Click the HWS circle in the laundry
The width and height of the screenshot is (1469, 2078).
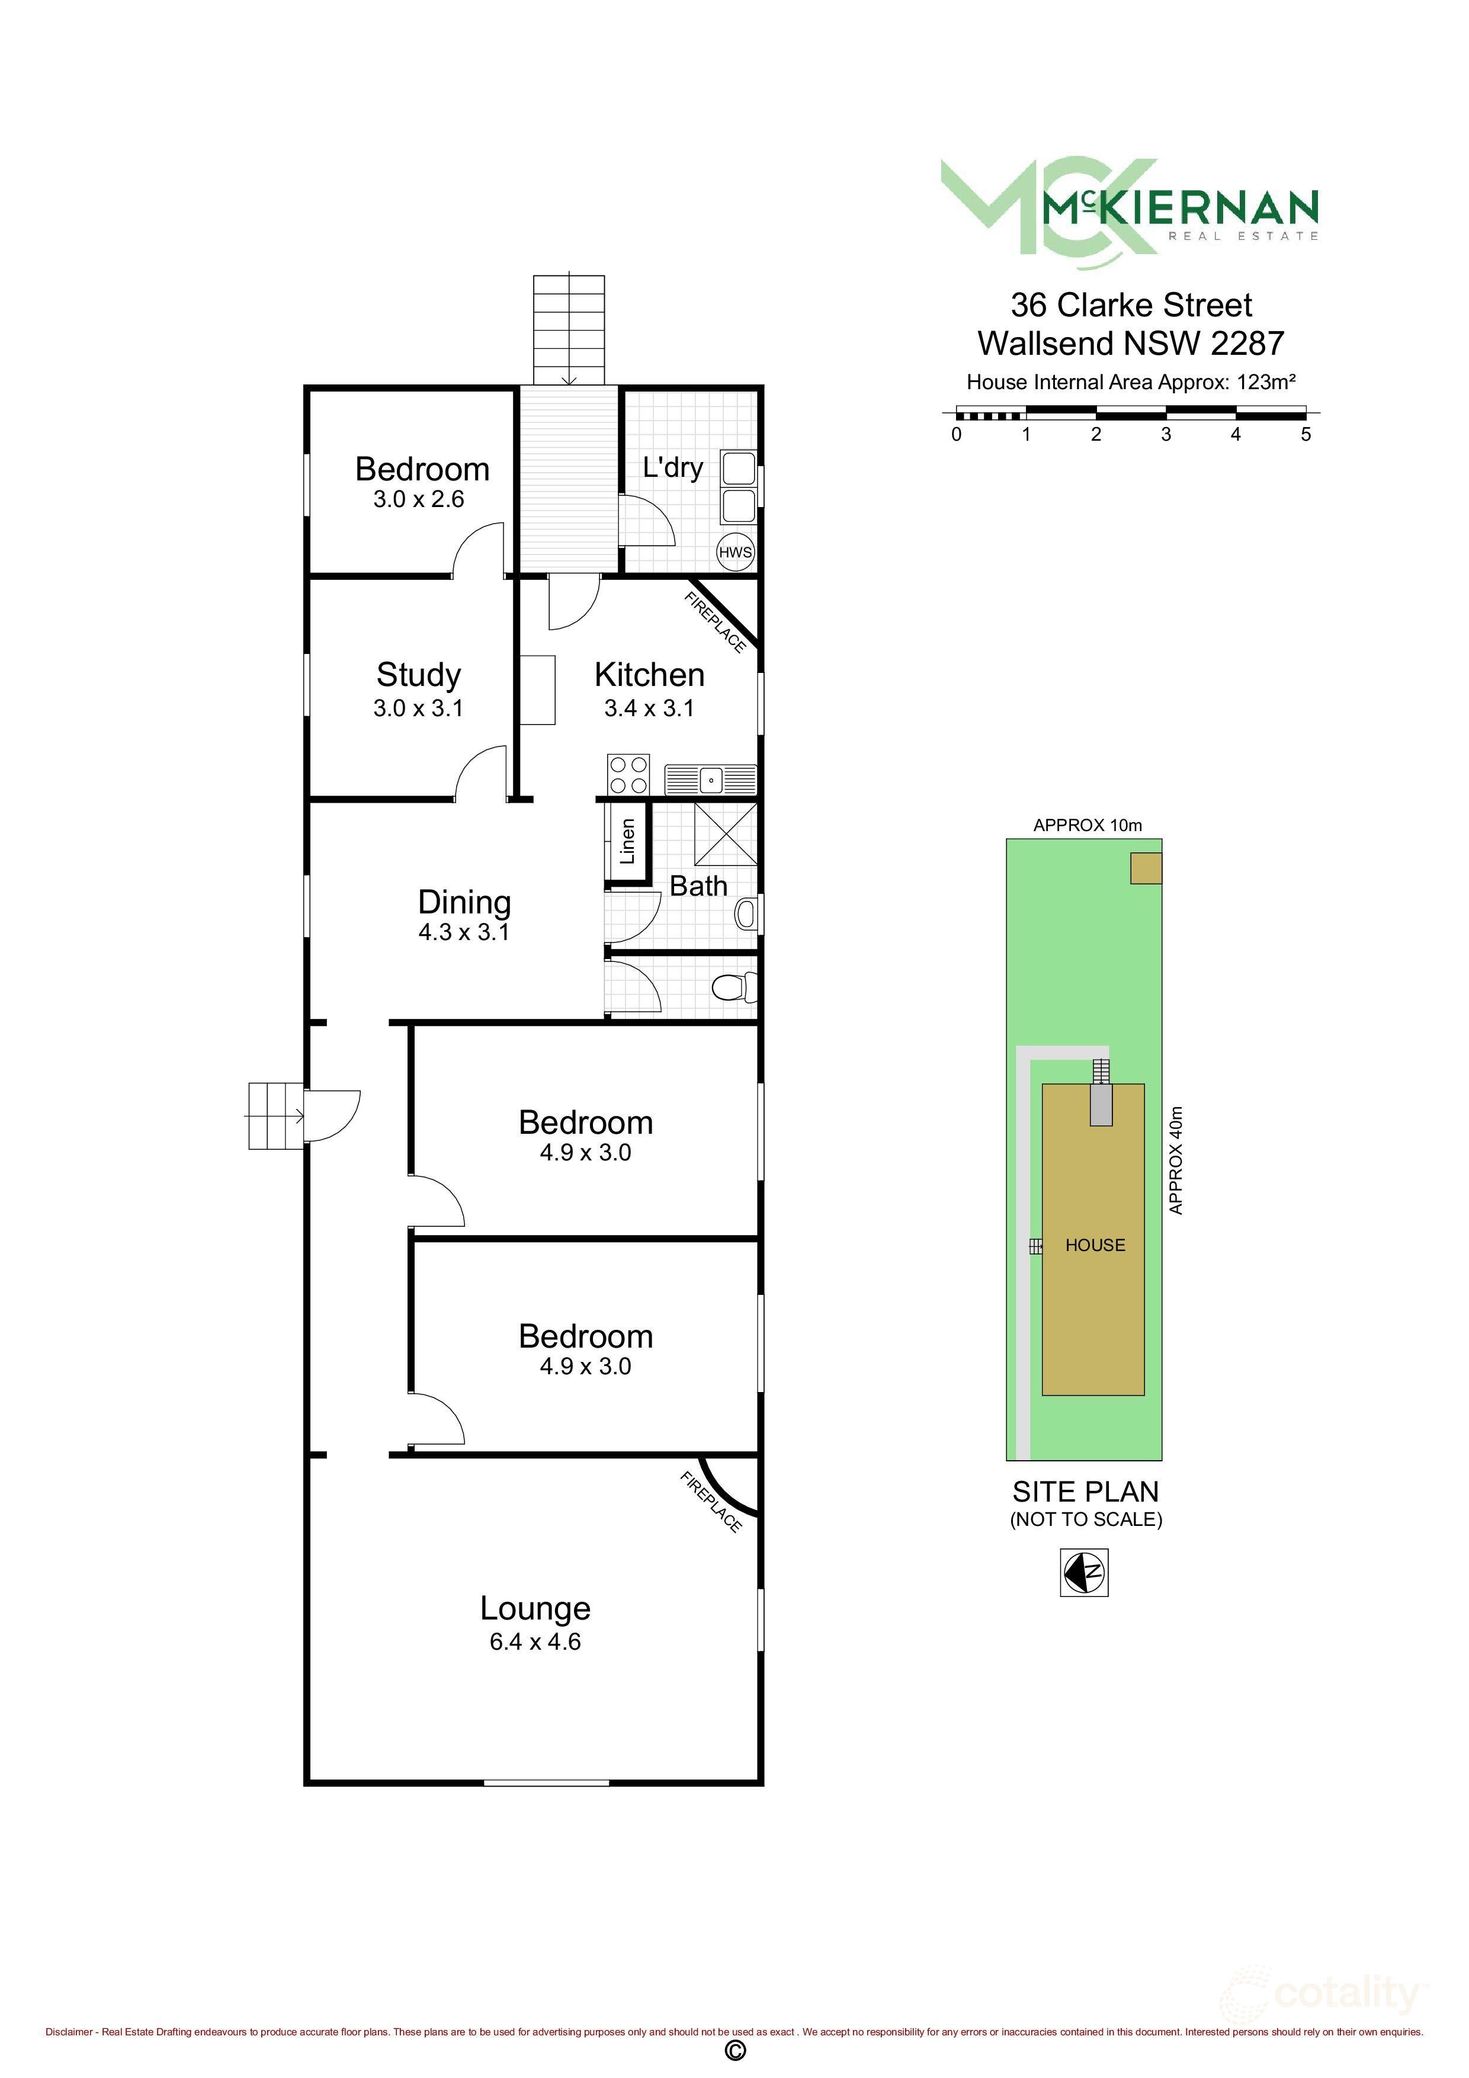735,552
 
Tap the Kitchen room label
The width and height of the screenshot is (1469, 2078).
649,675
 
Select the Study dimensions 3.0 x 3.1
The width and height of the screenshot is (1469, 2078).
418,708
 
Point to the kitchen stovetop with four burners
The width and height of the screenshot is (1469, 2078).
628,775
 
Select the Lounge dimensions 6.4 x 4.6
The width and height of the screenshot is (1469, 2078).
535,1642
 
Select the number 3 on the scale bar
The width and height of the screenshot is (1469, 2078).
1166,434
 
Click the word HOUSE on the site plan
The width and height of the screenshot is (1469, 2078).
1095,1245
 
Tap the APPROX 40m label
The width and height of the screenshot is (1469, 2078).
1176,1160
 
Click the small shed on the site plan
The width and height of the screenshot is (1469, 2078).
1145,868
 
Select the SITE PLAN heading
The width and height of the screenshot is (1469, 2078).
1085,1492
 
